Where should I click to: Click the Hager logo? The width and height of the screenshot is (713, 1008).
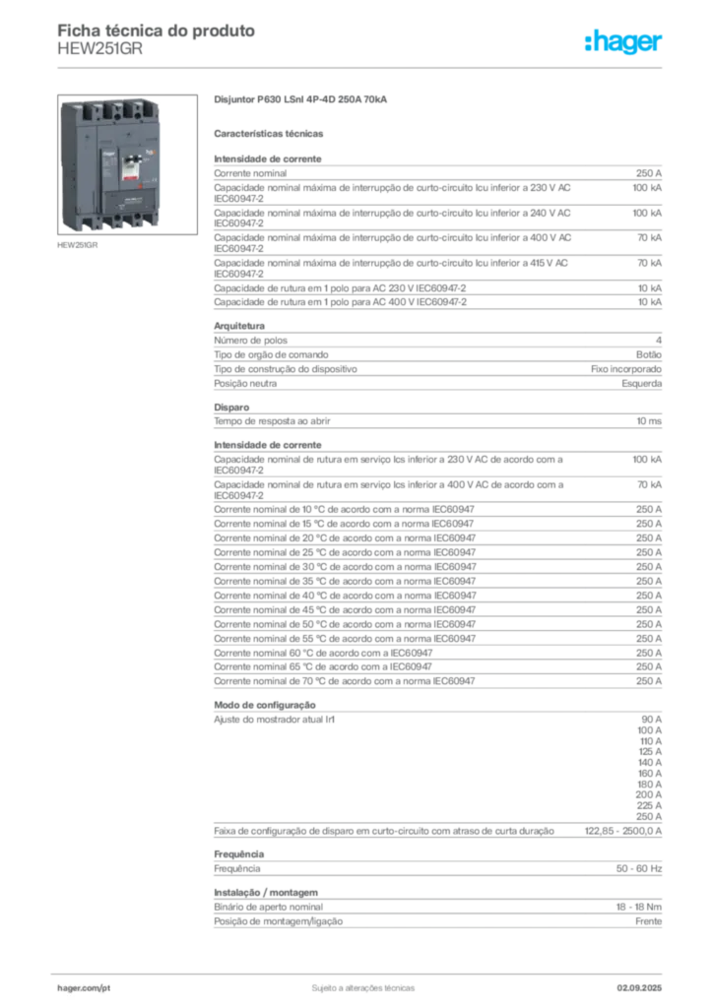(x=622, y=42)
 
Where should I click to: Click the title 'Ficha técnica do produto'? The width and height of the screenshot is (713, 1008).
(x=157, y=31)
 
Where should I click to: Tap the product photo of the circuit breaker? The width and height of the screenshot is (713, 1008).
(x=127, y=164)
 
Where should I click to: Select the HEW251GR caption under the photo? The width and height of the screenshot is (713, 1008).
(x=77, y=245)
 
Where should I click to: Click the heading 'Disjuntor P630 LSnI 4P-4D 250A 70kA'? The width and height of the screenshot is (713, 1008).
(x=300, y=99)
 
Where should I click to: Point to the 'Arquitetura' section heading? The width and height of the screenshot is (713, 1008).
(x=239, y=326)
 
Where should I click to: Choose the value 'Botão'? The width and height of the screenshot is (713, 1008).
(x=649, y=354)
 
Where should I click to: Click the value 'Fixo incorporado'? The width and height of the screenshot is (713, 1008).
(x=626, y=369)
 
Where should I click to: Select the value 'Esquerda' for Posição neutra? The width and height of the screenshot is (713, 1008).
(x=642, y=383)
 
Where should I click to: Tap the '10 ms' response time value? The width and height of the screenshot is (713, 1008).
(x=649, y=421)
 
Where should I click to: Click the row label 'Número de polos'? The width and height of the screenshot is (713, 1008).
(x=251, y=340)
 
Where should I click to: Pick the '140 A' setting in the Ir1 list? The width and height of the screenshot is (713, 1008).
(x=649, y=763)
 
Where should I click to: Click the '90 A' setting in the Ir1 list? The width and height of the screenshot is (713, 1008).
(x=651, y=720)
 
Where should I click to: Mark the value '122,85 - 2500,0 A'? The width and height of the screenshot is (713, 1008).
(x=623, y=831)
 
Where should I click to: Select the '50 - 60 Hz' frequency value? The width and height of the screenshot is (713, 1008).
(x=638, y=868)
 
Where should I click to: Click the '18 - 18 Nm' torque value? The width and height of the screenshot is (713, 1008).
(x=638, y=907)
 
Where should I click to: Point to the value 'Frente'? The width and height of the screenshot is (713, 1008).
(x=648, y=921)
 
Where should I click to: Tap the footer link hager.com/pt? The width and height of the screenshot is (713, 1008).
(x=84, y=988)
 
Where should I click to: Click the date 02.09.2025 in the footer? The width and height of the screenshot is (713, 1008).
(x=639, y=988)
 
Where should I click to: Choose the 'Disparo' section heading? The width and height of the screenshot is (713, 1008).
(x=231, y=407)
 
